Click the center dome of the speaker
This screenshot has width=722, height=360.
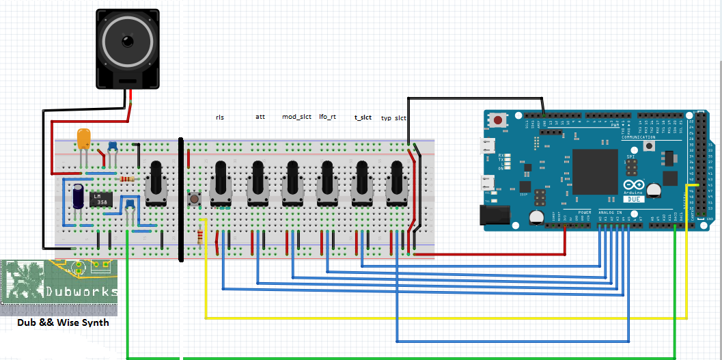coord(128,42)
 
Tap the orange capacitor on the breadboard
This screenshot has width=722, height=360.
coord(84,139)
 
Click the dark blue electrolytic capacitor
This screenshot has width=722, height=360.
coord(79,195)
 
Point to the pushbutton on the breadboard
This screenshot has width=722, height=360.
coord(195,199)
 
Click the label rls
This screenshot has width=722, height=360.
coord(220,117)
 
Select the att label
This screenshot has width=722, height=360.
coord(260,117)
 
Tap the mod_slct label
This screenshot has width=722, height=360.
coord(296,117)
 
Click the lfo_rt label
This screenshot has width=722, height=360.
coord(328,117)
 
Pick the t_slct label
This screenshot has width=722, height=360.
coord(363,117)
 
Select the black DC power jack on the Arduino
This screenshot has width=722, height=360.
coord(497,215)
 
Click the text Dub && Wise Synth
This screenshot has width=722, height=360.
coord(63,322)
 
